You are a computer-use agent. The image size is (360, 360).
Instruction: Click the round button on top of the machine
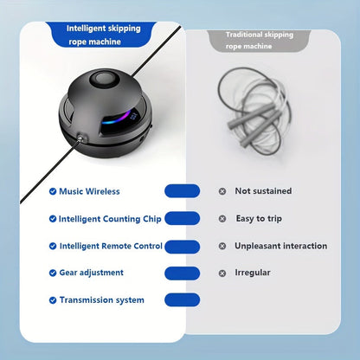tap(105, 79)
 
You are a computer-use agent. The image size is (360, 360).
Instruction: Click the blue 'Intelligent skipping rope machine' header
tap(103, 35)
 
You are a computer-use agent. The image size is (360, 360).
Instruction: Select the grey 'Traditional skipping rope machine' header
tap(259, 41)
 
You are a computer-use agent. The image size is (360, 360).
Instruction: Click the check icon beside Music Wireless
tap(53, 191)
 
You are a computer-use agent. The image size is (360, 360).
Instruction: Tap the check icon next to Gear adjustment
tap(53, 273)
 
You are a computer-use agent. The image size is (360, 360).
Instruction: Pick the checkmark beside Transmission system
tap(53, 300)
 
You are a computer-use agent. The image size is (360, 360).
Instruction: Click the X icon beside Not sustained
tap(222, 191)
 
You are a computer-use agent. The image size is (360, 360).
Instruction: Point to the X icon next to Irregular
tap(222, 273)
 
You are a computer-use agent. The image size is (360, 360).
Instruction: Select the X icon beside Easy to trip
tap(222, 219)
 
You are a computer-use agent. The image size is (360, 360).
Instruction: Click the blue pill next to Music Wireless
tap(182, 191)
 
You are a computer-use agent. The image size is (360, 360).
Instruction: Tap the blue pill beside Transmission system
tap(182, 300)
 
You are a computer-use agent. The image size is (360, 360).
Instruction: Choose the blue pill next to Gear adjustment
tap(182, 273)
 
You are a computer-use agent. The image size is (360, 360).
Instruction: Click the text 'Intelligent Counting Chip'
tap(110, 219)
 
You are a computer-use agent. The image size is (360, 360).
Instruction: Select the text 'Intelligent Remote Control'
tap(111, 246)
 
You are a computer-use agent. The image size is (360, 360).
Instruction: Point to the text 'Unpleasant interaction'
tap(281, 246)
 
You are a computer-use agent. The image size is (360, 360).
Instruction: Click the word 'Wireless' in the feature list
tap(103, 191)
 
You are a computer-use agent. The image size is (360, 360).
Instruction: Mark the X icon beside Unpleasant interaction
tap(222, 246)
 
